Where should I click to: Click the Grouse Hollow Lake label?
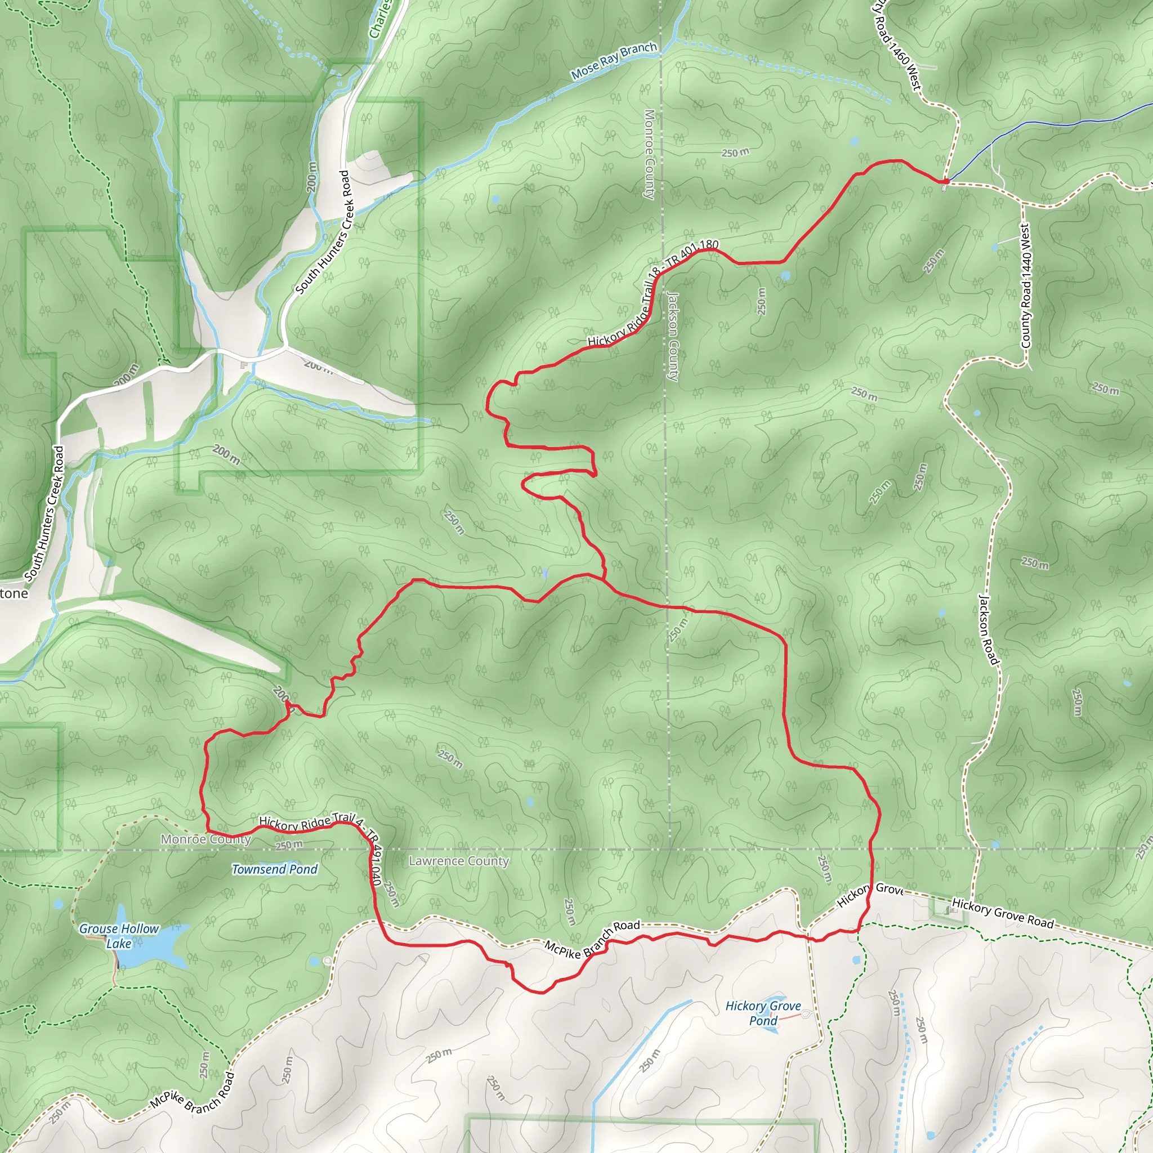119,936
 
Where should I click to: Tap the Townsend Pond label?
275,869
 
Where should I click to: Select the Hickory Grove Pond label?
763,1013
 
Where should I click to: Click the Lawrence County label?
458,861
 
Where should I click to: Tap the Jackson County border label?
673,337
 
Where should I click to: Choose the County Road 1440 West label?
1026,286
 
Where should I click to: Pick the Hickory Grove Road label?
1003,914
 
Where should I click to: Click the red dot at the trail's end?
946,181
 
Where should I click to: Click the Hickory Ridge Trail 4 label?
310,823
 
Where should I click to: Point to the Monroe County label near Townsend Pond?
205,839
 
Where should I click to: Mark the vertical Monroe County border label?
649,154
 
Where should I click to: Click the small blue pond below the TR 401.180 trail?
785,276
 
